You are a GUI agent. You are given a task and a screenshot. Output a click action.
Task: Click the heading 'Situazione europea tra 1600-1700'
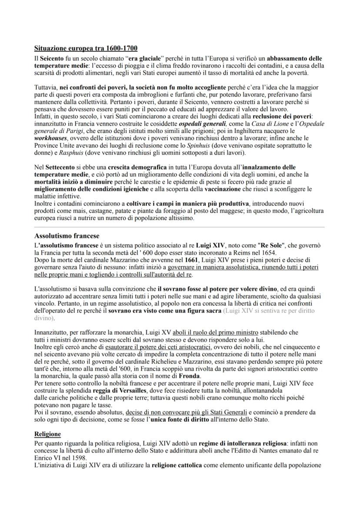point(86,48)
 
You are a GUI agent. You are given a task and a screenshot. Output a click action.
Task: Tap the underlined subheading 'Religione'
point(47,434)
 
